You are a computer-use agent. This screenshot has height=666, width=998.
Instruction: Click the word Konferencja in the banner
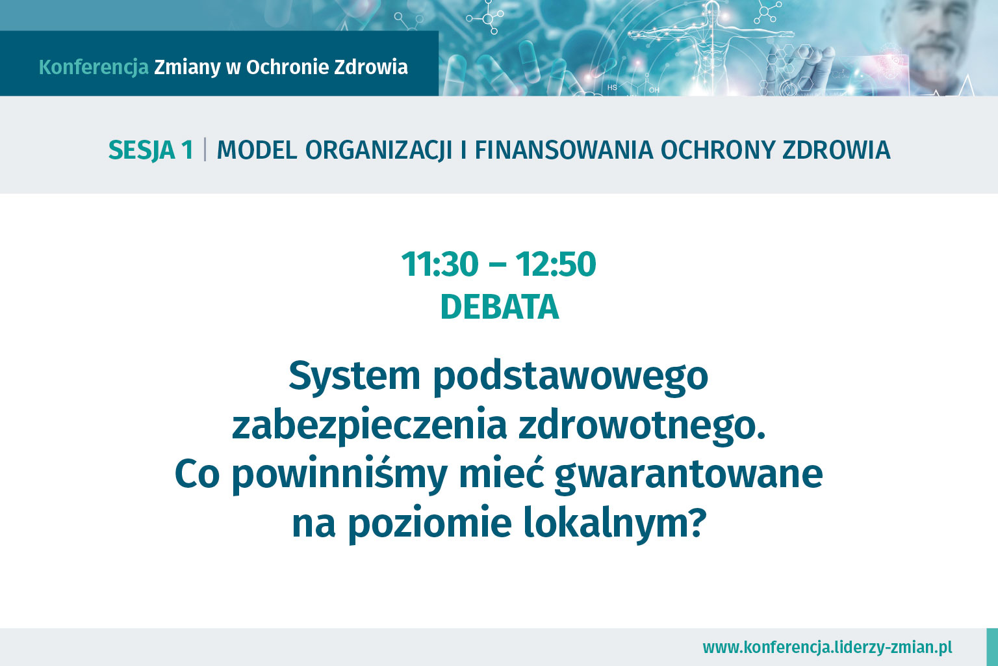(94, 68)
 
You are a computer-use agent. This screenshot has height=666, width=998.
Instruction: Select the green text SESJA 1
(151, 150)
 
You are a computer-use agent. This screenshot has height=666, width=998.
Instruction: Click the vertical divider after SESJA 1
(205, 150)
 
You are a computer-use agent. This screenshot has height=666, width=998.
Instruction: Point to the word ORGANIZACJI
(379, 150)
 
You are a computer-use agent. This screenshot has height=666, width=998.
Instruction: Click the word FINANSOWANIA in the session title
(563, 150)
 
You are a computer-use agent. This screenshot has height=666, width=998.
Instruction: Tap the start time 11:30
(440, 264)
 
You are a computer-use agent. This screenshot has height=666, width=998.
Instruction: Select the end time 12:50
(556, 264)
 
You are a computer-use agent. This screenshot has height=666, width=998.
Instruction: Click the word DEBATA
(500, 308)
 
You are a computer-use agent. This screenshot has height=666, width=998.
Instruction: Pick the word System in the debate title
(355, 377)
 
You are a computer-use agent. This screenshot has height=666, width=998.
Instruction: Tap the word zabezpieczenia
(369, 426)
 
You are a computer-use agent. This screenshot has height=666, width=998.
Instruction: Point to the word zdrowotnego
(642, 426)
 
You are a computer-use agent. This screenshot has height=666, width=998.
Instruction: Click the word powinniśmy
(340, 475)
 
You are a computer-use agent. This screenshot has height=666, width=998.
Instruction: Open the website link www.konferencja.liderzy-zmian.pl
(827, 647)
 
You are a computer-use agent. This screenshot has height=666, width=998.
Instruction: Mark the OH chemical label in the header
(654, 90)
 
